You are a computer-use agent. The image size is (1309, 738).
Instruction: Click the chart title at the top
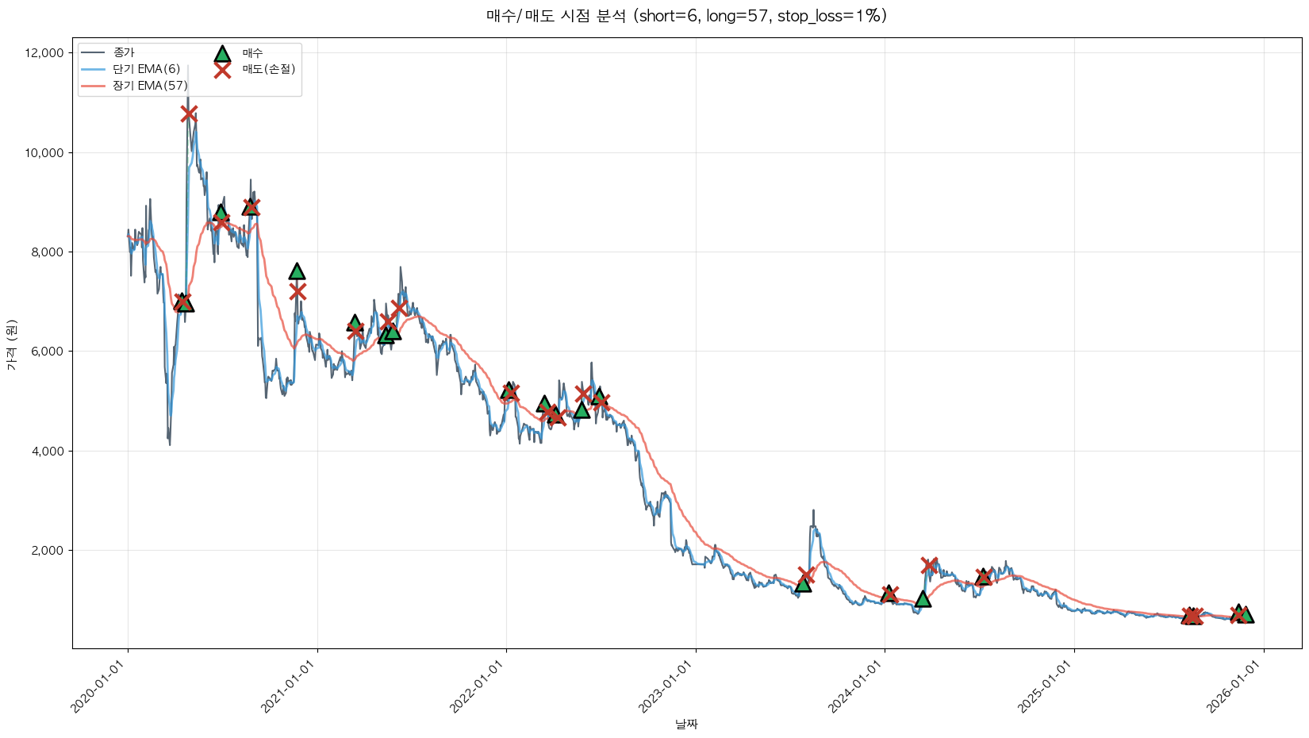point(686,16)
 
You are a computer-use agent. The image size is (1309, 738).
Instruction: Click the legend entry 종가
point(124,52)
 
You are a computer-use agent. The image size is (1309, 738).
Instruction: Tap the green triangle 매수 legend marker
point(222,53)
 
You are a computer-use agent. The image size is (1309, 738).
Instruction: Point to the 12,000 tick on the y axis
point(44,53)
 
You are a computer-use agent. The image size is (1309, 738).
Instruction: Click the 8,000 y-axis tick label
point(47,252)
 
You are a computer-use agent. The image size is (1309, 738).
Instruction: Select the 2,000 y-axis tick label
point(47,551)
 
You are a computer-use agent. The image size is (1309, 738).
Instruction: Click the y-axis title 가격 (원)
point(11,345)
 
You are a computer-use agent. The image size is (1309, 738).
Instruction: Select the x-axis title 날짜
point(686,724)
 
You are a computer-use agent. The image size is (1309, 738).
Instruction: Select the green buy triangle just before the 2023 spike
point(803,583)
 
